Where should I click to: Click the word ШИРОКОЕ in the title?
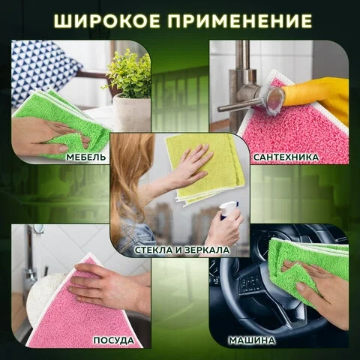pyautogui.click(x=106, y=21)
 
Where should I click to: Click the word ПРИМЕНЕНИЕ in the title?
pyautogui.click(x=240, y=21)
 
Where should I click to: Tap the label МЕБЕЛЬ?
pyautogui.click(x=86, y=157)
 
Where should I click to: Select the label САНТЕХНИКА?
pyautogui.click(x=286, y=157)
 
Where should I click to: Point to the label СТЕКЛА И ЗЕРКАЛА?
pyautogui.click(x=182, y=250)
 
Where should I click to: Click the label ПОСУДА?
pyautogui.click(x=114, y=340)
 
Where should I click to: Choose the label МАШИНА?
pyautogui.click(x=252, y=340)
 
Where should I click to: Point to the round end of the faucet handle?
pyautogui.click(x=276, y=98)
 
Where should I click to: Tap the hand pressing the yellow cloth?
pyautogui.click(x=193, y=163)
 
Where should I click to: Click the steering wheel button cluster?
pyautogui.click(x=250, y=284)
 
